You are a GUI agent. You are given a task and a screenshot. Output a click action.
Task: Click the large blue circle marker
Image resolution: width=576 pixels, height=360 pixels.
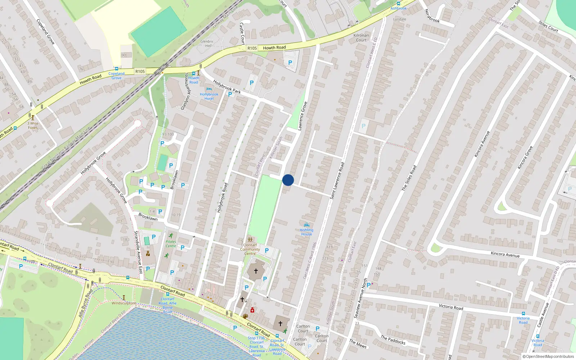pyautogui.click(x=288, y=180)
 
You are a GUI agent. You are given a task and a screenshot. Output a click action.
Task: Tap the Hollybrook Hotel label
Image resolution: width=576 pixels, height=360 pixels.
pyautogui.click(x=209, y=96)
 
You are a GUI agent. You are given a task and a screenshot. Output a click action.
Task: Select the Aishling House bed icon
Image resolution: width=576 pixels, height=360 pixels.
pyautogui.click(x=307, y=225)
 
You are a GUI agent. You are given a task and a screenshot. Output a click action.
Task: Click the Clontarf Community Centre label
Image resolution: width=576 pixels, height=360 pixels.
pyautogui.click(x=250, y=249)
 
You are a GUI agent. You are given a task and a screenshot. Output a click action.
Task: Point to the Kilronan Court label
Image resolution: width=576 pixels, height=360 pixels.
pyautogui.click(x=361, y=37)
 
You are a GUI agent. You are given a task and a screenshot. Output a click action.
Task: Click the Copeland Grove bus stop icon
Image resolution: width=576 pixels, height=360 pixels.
pyautogui.click(x=116, y=68)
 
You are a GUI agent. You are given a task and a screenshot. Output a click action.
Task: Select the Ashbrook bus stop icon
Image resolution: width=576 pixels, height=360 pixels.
pyautogui.click(x=399, y=4)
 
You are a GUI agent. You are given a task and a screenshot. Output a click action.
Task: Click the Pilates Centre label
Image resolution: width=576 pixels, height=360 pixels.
pyautogui.click(x=171, y=244)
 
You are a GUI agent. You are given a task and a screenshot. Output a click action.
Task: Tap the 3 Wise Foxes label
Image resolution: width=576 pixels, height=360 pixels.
pyautogui.click(x=33, y=125)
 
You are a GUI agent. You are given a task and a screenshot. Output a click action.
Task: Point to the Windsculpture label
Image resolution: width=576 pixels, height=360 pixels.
pyautogui.click(x=123, y=303)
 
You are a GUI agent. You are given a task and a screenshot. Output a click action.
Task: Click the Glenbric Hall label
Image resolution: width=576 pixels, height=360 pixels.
pyautogui.click(x=207, y=44)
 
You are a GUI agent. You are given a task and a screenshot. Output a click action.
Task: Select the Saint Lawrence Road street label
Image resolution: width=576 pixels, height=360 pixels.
pyautogui.click(x=337, y=181)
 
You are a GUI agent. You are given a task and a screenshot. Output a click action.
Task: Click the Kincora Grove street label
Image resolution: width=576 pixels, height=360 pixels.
pyautogui.click(x=525, y=157)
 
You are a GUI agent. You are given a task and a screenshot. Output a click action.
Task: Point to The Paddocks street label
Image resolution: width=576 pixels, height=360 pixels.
pyautogui.click(x=393, y=340)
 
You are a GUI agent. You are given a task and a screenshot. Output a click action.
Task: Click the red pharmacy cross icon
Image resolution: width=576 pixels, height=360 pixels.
pyautogui.click(x=252, y=310)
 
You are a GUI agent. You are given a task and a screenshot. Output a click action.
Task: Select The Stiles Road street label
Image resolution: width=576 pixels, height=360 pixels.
pyautogui.click(x=409, y=178)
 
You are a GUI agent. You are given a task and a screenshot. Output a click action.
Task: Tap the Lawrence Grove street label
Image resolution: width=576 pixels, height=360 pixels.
pyautogui.click(x=302, y=116)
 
